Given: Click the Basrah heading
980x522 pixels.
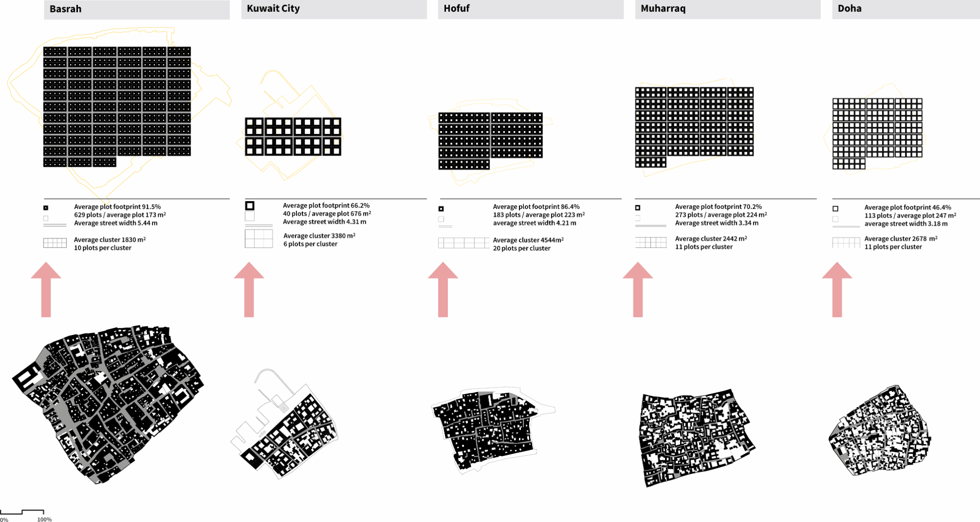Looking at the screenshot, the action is [x=65, y=9].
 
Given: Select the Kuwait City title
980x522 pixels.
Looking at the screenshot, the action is [x=273, y=8].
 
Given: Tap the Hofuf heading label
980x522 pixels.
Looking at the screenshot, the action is [x=456, y=8].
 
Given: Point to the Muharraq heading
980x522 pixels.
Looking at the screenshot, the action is [x=663, y=8].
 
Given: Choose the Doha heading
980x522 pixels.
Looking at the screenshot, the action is [x=850, y=8].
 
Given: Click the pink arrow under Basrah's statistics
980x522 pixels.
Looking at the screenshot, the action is [x=46, y=289].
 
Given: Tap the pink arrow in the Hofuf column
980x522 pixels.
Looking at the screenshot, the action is [x=443, y=289].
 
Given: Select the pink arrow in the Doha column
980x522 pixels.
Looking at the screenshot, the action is [x=837, y=289].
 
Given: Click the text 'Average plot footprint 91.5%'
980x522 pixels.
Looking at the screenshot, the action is [x=118, y=207].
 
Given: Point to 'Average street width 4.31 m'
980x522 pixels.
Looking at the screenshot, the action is [x=324, y=222].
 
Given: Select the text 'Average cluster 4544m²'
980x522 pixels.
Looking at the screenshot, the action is [x=528, y=240].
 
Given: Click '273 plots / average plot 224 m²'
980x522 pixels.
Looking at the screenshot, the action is [x=721, y=215].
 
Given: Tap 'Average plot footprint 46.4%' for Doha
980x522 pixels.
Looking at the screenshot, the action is [x=907, y=208].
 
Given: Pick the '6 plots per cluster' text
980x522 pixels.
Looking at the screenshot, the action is [x=310, y=244].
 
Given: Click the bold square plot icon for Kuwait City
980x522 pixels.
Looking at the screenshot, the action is [x=250, y=206].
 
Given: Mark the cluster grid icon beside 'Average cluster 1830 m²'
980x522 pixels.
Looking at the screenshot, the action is [x=55, y=243].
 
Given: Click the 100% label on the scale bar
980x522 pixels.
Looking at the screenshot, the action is [x=45, y=519].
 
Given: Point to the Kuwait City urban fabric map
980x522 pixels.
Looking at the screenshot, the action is [x=284, y=424].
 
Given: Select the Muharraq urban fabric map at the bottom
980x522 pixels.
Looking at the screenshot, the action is [x=697, y=438].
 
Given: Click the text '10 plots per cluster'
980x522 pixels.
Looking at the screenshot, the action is [x=102, y=248].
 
